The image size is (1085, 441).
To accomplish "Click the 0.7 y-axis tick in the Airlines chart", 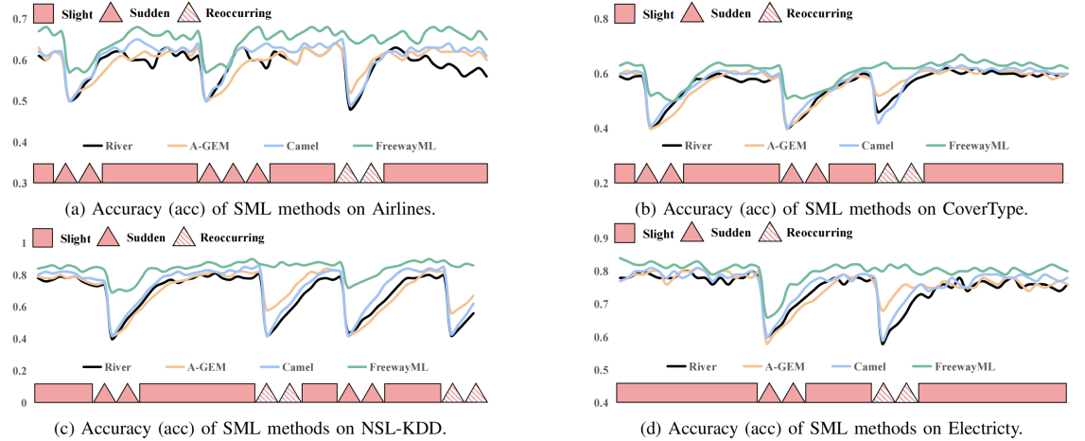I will pos(18,21).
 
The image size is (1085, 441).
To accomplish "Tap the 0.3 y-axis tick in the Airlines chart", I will pos(18,183).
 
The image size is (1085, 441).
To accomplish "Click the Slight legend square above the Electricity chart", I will pos(625,234).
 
